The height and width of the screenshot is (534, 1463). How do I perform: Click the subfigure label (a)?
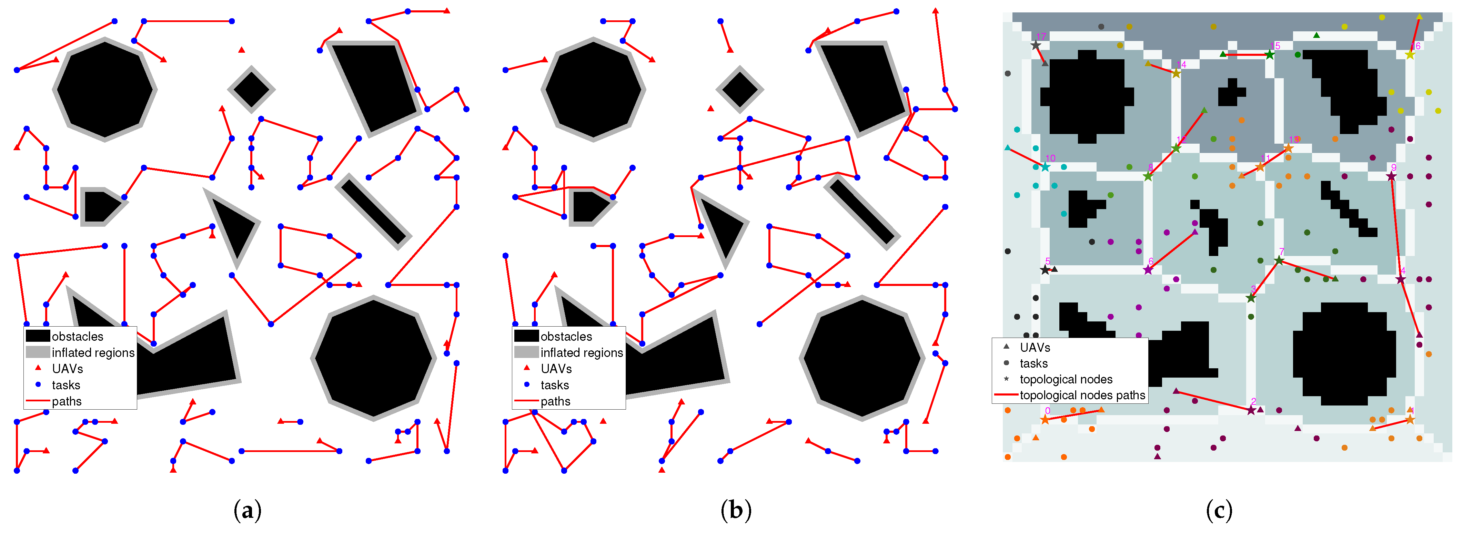(x=247, y=510)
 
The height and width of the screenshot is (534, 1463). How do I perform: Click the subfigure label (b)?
(x=736, y=510)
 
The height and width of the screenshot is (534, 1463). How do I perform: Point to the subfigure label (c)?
(x=1219, y=510)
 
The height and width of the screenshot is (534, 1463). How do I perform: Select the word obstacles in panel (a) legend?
(x=77, y=337)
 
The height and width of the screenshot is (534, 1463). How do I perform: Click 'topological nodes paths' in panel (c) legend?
(x=1082, y=395)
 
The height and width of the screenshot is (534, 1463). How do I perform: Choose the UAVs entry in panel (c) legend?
(x=1035, y=347)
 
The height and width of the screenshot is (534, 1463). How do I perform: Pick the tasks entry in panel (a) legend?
(x=66, y=385)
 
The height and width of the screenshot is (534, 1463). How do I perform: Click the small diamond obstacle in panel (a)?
(x=251, y=89)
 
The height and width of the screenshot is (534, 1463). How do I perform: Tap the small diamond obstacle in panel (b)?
(x=739, y=89)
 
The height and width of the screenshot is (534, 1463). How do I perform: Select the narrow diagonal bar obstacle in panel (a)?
(x=373, y=212)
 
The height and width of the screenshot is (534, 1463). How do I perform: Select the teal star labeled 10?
(x=1045, y=167)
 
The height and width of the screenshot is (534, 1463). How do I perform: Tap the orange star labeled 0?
(x=1045, y=419)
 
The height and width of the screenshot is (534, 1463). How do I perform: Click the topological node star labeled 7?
(x=1279, y=260)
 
